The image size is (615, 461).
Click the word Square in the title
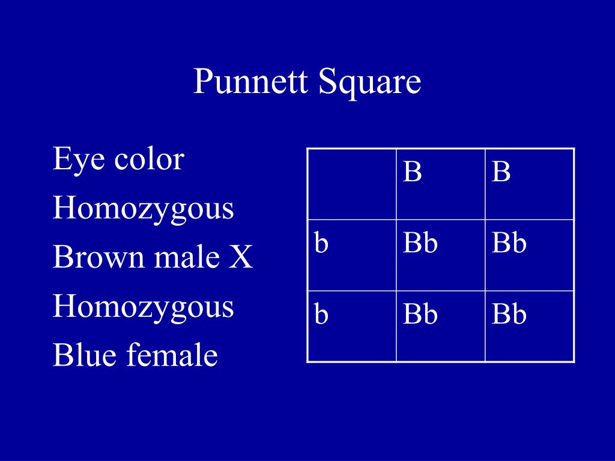[369, 83]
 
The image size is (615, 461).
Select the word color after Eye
[149, 160]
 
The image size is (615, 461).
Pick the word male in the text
[187, 257]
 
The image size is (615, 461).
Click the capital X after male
[241, 257]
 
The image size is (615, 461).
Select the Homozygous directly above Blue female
[143, 308]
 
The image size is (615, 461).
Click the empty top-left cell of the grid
[352, 184]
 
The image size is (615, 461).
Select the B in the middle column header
[412, 171]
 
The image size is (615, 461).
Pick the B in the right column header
[501, 171]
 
